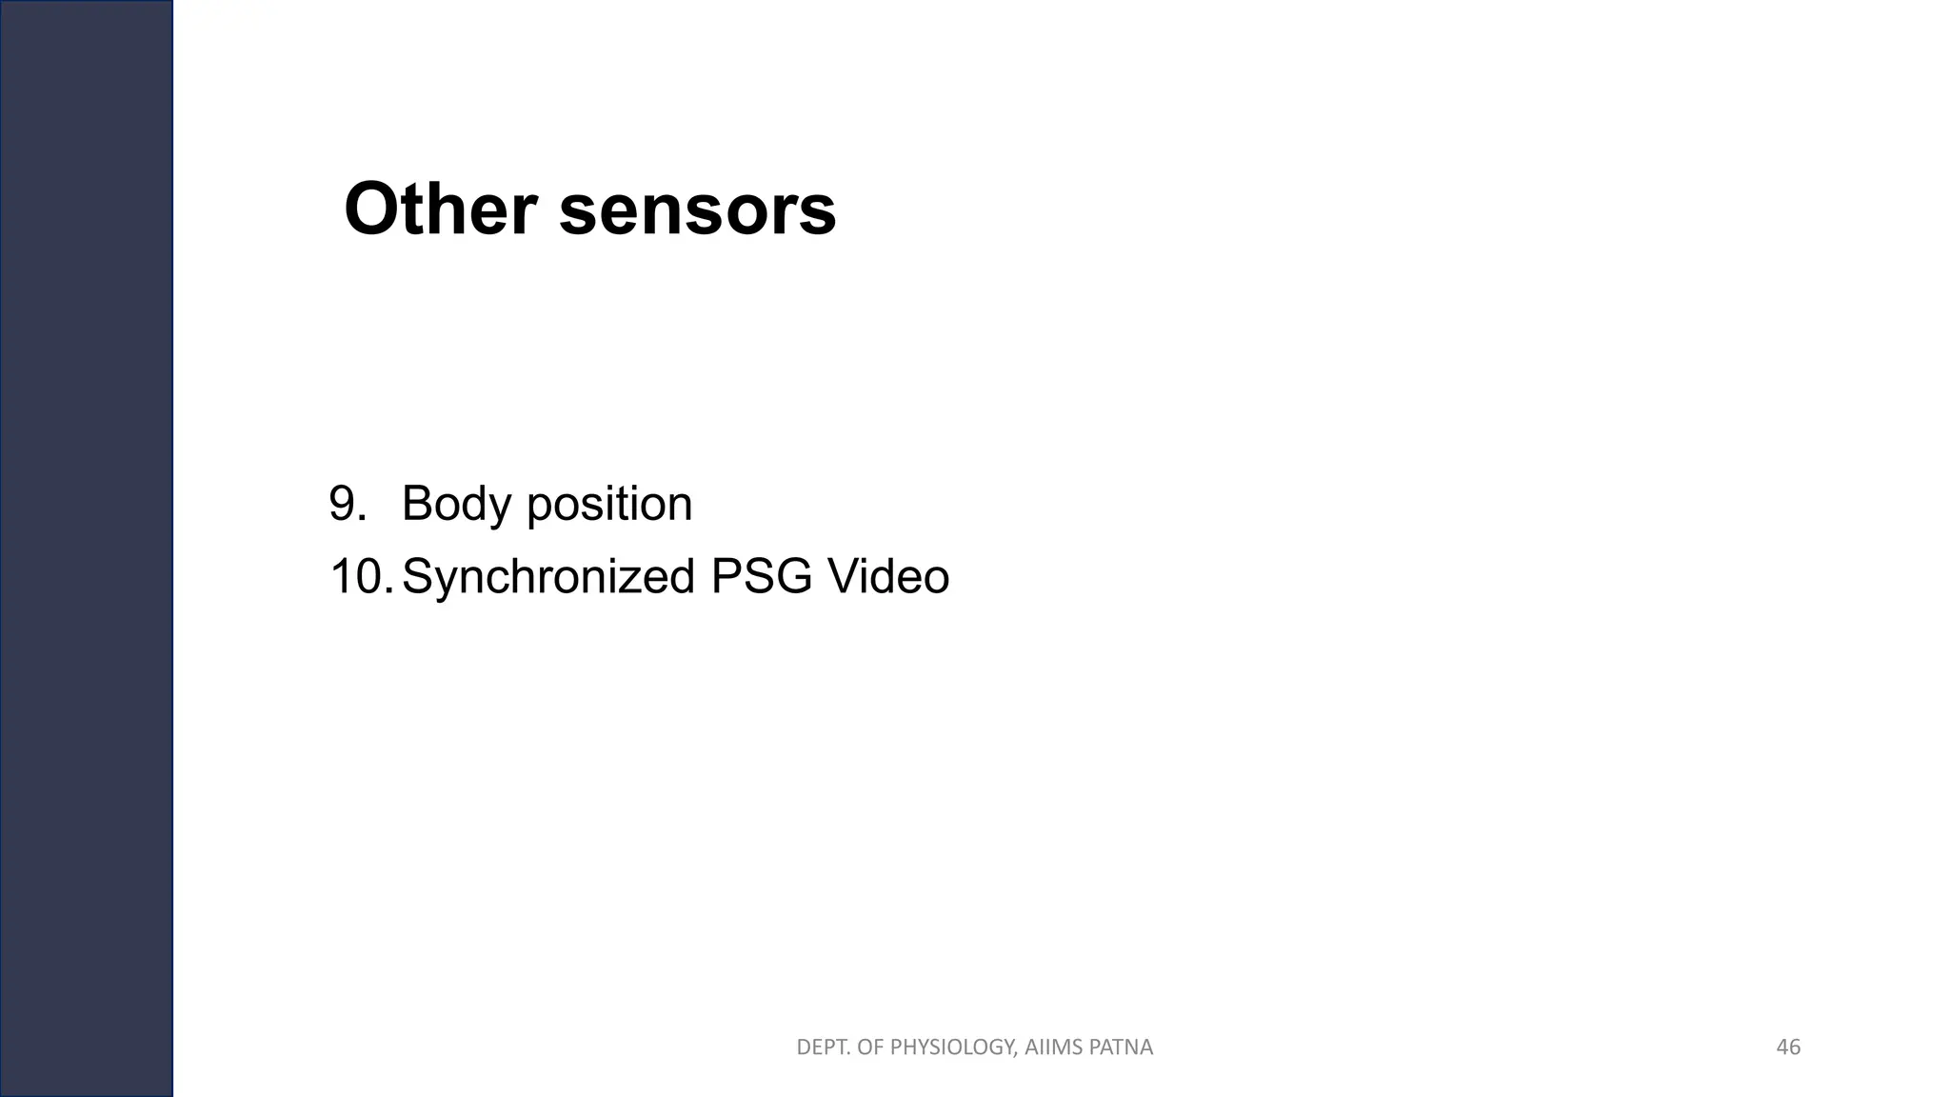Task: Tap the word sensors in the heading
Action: pyautogui.click(x=697, y=210)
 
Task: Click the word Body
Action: pyautogui.click(x=455, y=505)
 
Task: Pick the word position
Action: pyautogui.click(x=609, y=505)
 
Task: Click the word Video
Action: pyautogui.click(x=887, y=577)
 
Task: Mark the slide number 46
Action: pyautogui.click(x=1788, y=1047)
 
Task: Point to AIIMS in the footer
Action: pyautogui.click(x=1054, y=1047)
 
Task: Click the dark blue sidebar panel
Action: pyautogui.click(x=86, y=548)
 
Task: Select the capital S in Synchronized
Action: pyautogui.click(x=417, y=577)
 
